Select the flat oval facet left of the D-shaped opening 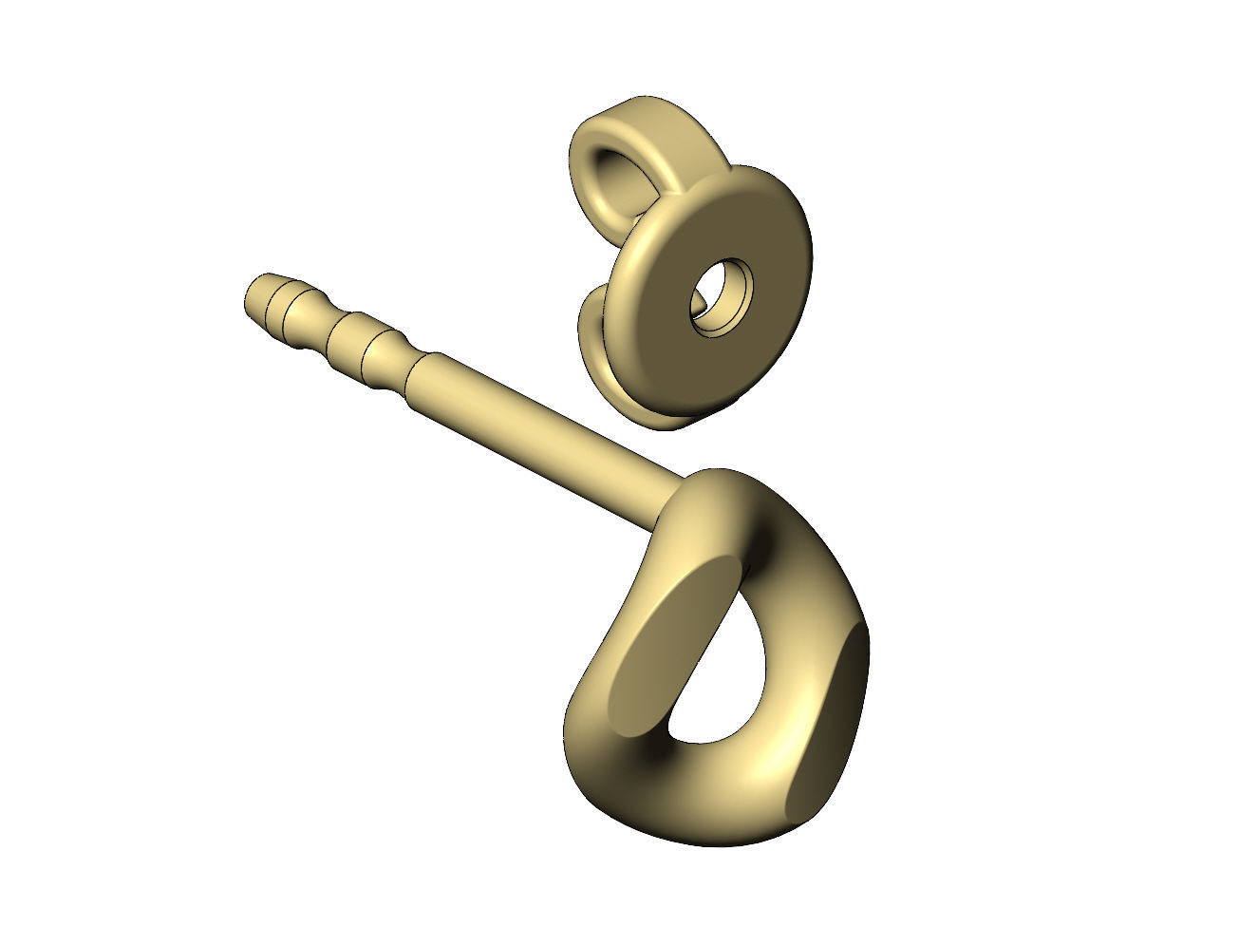pyautogui.click(x=666, y=636)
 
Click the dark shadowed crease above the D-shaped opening pyautogui.click(x=755, y=541)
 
